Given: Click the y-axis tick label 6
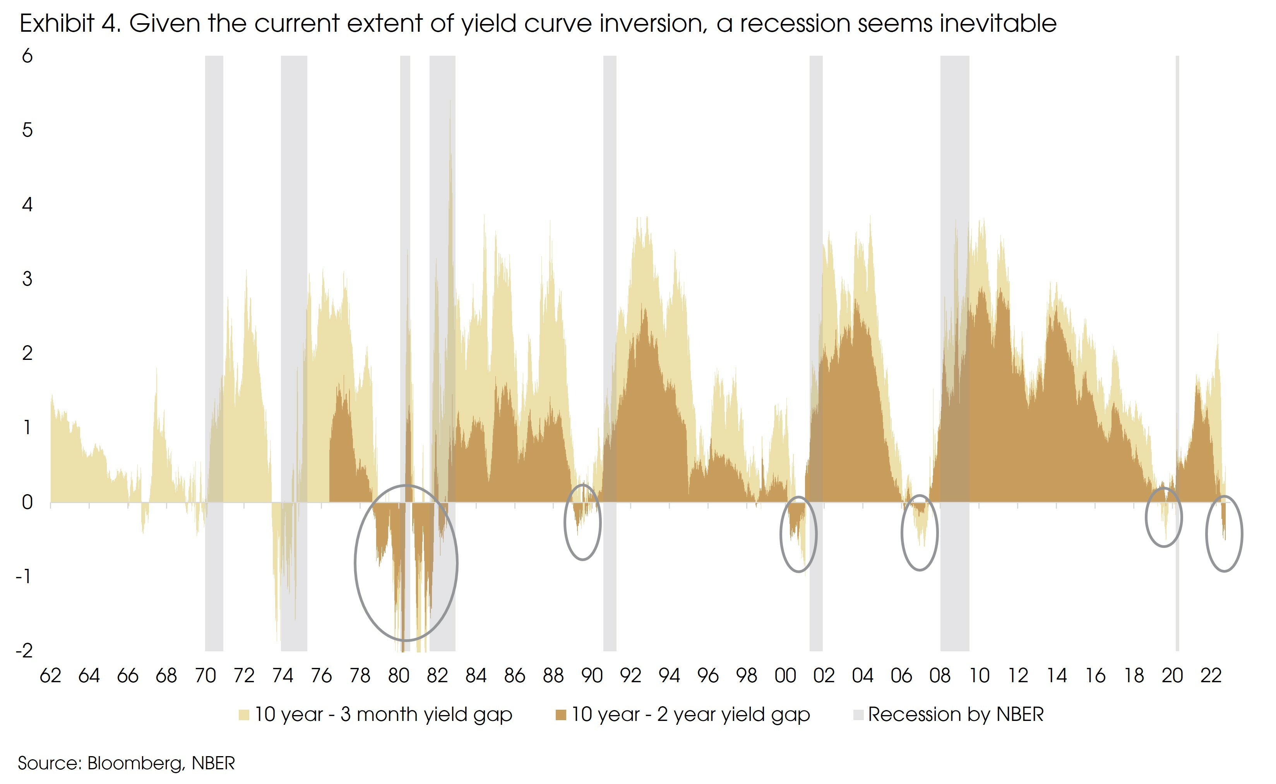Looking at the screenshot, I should (x=27, y=56).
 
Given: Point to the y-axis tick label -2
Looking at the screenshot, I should (x=24, y=650).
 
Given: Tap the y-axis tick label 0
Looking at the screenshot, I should (x=27, y=502).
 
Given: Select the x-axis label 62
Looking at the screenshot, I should (x=50, y=676).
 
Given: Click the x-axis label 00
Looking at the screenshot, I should (x=785, y=676).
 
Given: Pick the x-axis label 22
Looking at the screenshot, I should (x=1211, y=676).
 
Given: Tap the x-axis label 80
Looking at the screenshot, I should (x=398, y=676).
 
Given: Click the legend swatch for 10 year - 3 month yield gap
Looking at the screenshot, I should (x=244, y=715).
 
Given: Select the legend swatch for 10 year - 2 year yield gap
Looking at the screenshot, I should (x=560, y=715).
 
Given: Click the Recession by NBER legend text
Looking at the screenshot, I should (x=956, y=714).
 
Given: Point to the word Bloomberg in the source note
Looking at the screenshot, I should (x=135, y=763).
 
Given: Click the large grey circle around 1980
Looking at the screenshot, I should (x=355, y=563).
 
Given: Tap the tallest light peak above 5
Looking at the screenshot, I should (x=450, y=104).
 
